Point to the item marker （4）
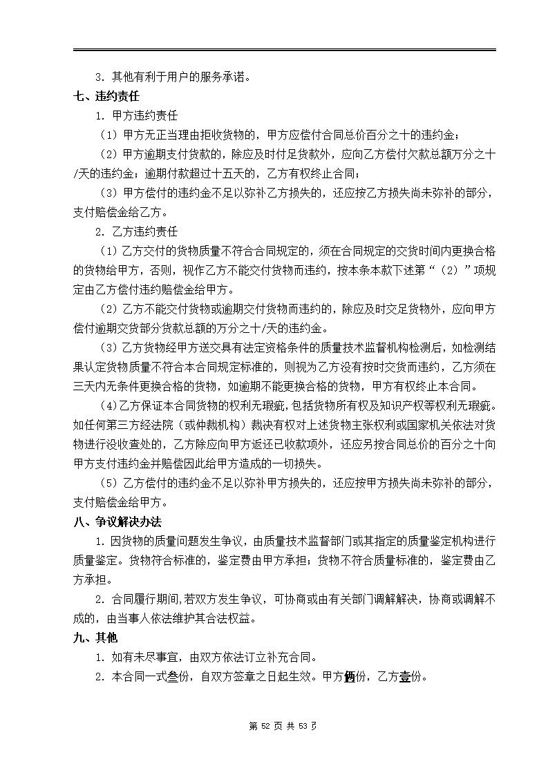pos(110,405)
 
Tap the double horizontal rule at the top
pos(284,50)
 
